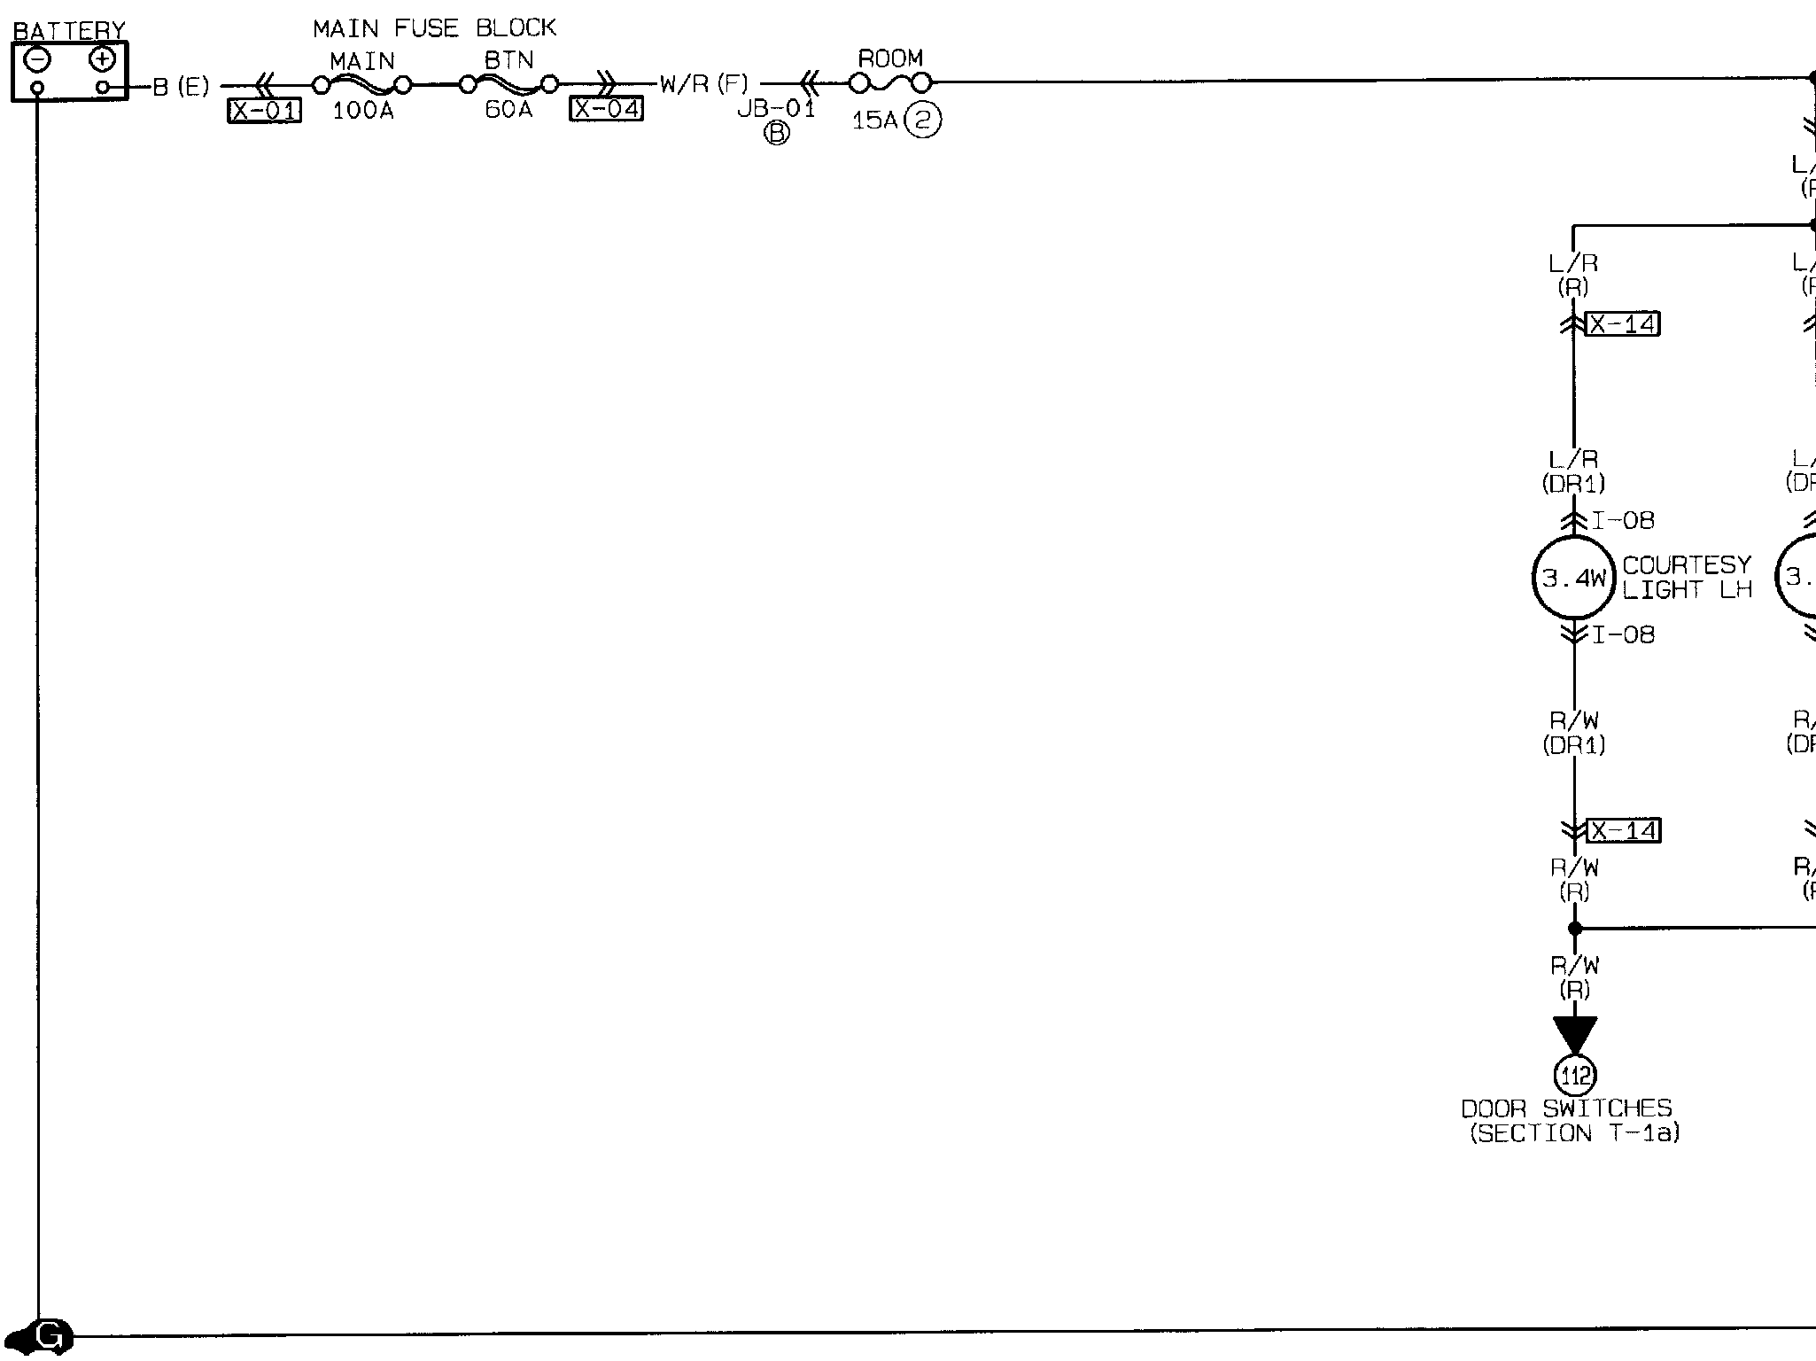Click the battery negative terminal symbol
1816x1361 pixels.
coord(37,59)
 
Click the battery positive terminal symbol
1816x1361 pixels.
coord(103,59)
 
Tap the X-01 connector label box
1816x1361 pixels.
coord(265,111)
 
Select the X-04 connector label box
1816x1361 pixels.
coord(606,109)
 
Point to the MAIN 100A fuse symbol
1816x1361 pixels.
coord(361,85)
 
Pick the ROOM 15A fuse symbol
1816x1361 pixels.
coord(890,83)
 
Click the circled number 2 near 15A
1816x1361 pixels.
coord(923,120)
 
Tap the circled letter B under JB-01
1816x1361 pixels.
coord(777,133)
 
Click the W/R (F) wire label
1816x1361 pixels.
coord(704,85)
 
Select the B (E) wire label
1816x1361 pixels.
coord(182,87)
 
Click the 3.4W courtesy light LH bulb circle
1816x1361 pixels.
coord(1574,578)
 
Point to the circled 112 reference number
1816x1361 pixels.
coord(1574,1076)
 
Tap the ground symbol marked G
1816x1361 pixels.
coord(51,1336)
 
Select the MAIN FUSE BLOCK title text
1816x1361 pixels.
coord(434,28)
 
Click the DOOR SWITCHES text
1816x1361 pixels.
coord(1566,1108)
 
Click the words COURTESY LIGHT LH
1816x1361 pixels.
coord(1687,578)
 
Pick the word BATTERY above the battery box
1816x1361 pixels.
coord(69,31)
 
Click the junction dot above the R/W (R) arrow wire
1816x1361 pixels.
coord(1574,929)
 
